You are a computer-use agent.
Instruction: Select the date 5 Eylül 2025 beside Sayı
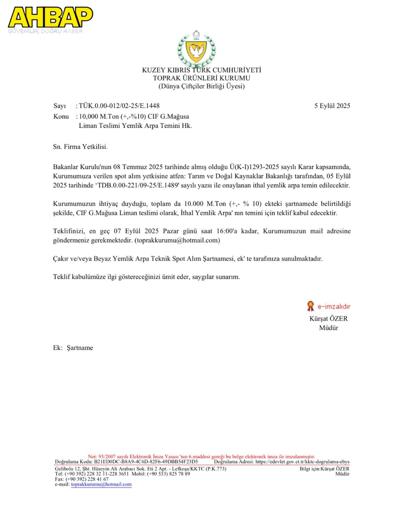pos(332,106)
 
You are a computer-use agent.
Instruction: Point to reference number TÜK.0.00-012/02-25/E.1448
pos(119,106)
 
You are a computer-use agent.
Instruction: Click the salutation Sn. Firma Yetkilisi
pos(80,147)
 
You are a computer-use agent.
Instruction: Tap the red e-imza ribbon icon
pos(310,306)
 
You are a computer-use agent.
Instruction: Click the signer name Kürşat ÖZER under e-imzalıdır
pos(328,319)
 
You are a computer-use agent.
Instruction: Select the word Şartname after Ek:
pos(80,348)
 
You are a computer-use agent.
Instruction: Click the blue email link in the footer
pos(101,484)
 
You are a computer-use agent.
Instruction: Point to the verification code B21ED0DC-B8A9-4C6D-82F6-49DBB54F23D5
pos(146,462)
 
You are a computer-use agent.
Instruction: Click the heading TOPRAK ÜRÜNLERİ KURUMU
pos(201,78)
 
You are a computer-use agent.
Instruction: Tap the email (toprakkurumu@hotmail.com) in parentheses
pos(177,240)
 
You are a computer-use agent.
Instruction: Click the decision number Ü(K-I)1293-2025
pos(254,167)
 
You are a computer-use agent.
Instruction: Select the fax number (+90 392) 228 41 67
pos(87,479)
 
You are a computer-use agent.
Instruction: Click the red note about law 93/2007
pos(201,457)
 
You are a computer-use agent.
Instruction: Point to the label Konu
pos(61,117)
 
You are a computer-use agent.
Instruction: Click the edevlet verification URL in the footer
pos(302,462)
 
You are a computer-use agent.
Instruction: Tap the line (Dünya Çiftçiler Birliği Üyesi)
pos(201,86)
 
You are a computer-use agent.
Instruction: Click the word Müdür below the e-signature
pos(328,328)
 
